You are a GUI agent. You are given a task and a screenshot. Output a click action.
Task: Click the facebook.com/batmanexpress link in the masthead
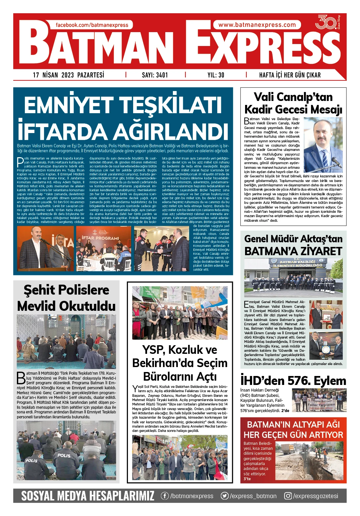(92, 25)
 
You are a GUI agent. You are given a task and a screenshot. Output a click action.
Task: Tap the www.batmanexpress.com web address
(257, 25)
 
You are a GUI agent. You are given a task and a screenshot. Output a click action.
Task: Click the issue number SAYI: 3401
(155, 75)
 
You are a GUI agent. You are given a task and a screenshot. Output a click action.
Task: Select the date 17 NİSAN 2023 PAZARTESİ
(69, 75)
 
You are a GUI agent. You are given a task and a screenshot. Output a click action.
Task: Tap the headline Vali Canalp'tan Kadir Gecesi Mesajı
(293, 103)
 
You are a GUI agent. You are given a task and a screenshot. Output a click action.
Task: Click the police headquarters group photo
(293, 277)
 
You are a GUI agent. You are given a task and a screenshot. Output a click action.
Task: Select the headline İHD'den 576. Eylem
(293, 381)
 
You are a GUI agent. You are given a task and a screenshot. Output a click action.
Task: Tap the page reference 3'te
(247, 479)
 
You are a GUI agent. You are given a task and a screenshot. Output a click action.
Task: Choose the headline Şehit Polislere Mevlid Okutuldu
(66, 298)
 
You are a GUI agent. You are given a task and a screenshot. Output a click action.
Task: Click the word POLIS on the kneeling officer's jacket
(64, 455)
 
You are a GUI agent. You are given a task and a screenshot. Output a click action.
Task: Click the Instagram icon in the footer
(288, 496)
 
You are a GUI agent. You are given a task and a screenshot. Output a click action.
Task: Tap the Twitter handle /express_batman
(253, 496)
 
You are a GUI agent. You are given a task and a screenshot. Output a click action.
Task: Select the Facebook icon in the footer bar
(165, 496)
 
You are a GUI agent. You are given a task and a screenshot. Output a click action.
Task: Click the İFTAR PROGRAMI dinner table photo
(104, 249)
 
